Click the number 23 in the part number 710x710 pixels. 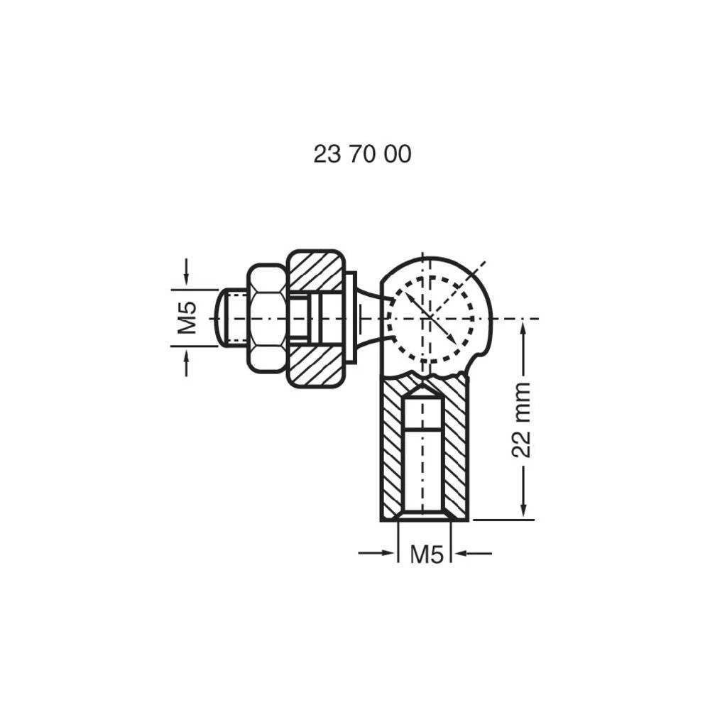tap(327, 154)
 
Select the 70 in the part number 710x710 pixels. tap(362, 154)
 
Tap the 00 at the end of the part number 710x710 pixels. tap(398, 154)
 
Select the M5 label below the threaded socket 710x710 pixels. tap(427, 554)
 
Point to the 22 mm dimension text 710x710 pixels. tap(522, 420)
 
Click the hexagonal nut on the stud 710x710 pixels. tap(267, 318)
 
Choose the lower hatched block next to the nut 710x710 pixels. tap(316, 364)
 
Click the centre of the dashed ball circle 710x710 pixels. tap(430, 318)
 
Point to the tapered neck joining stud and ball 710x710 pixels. tap(369, 317)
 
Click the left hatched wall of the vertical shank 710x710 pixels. tap(391, 454)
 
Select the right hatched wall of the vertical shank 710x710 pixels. tap(456, 454)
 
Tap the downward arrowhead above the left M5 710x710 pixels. tap(187, 281)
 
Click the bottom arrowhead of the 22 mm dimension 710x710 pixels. tap(523, 510)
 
